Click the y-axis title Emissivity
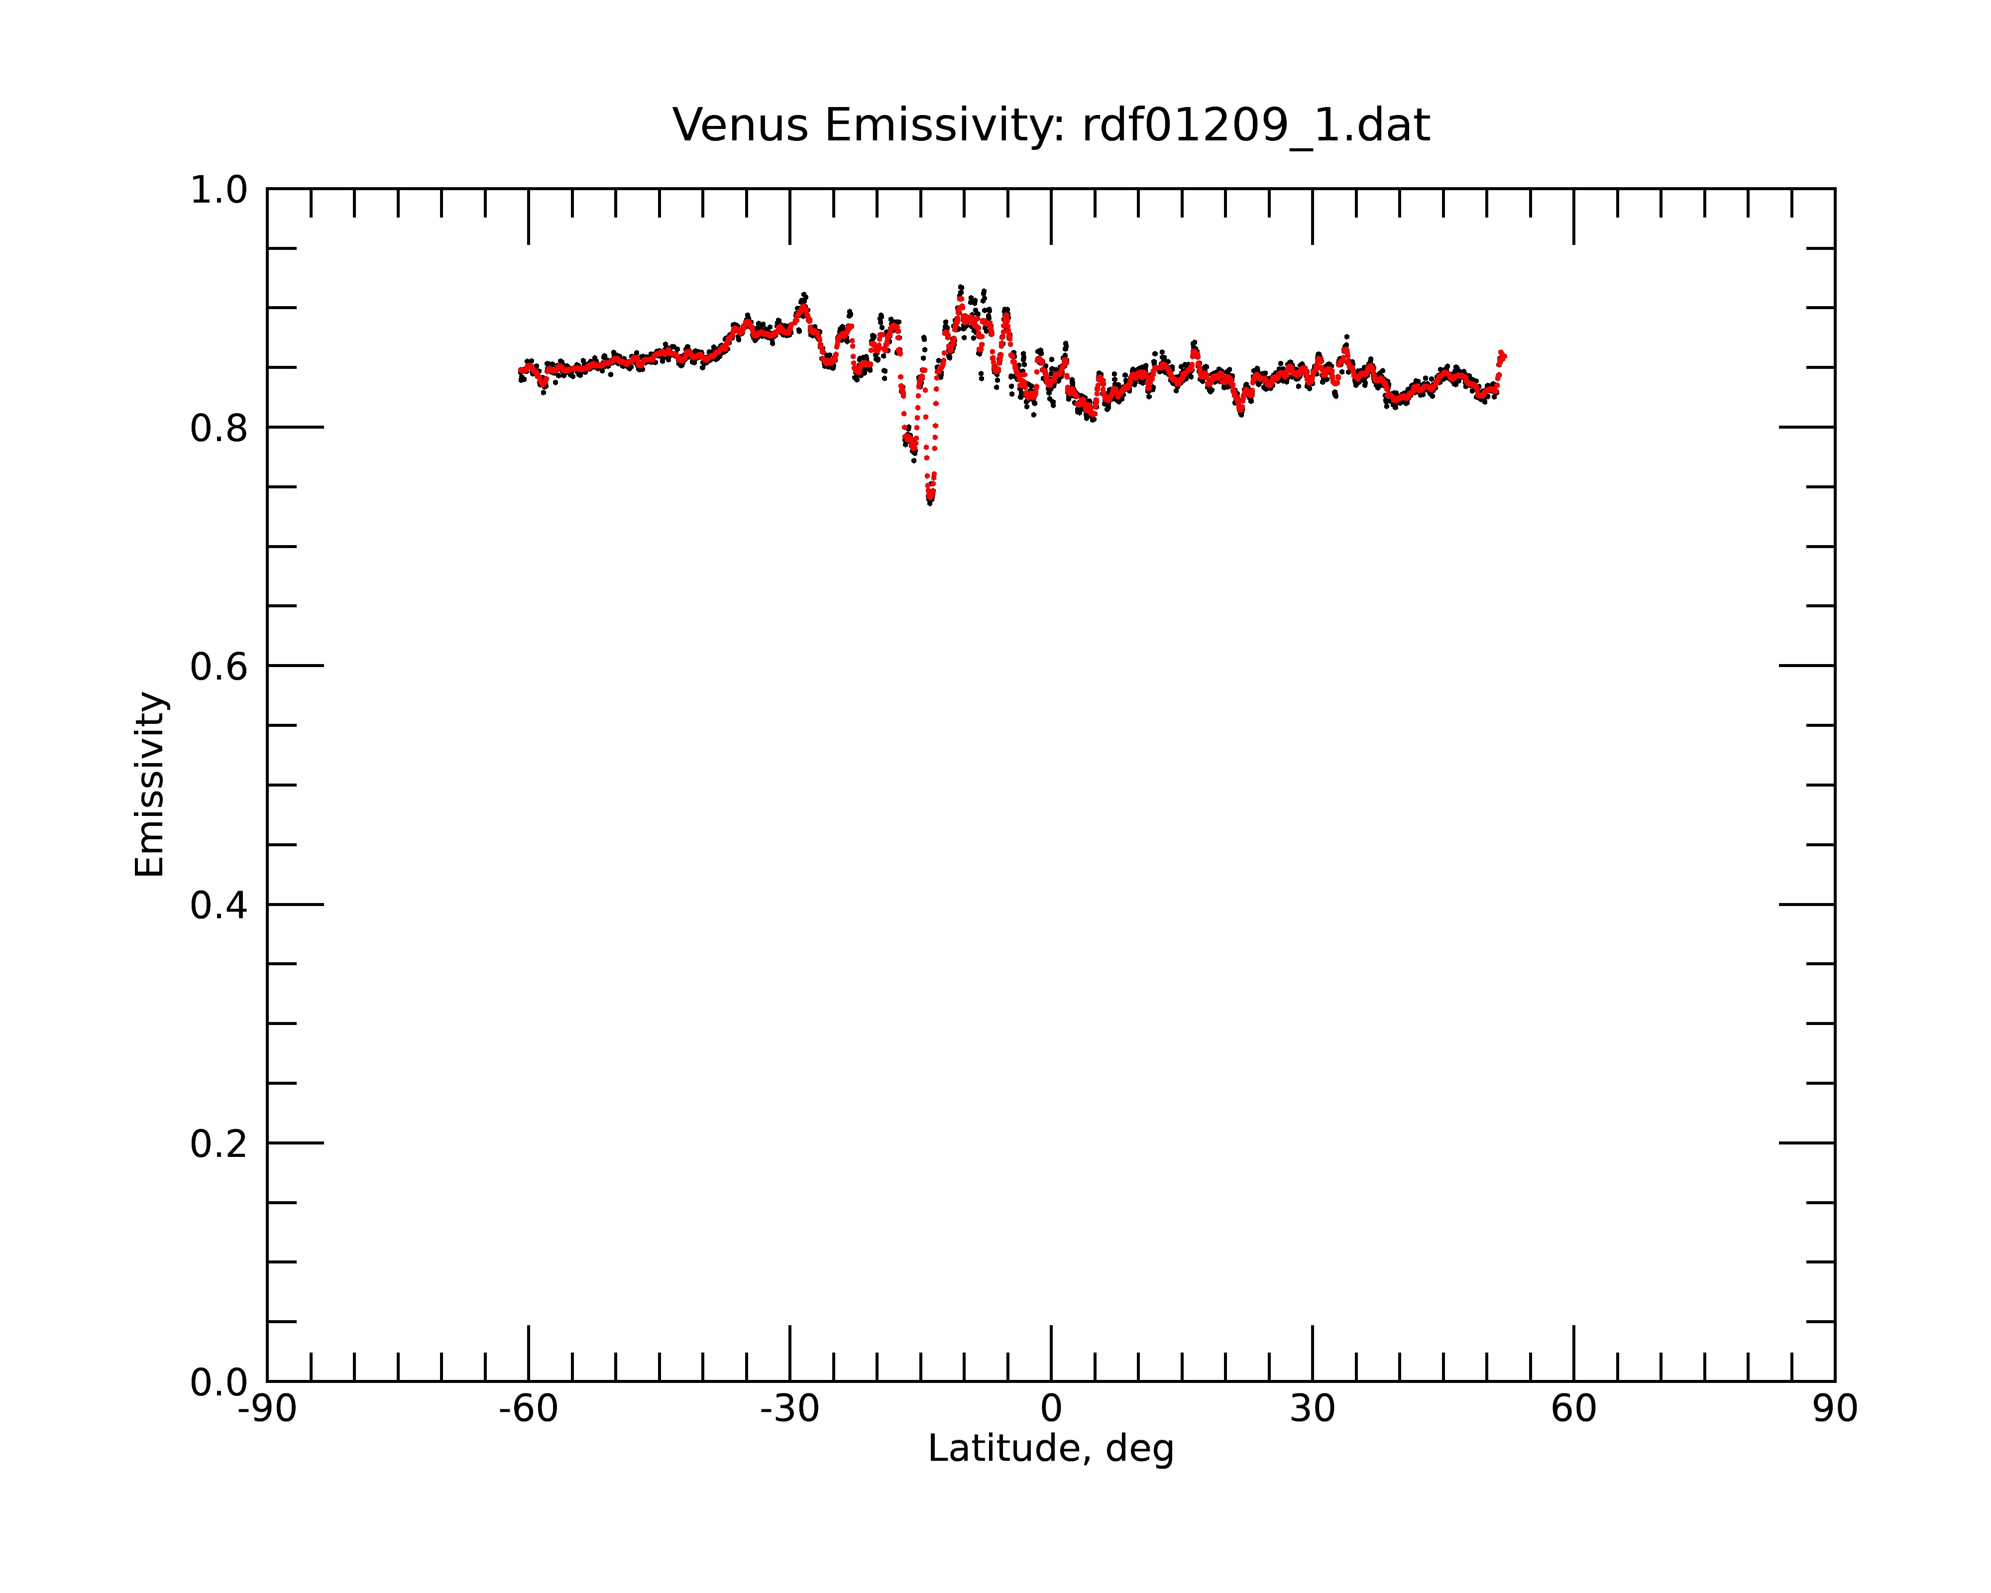150,784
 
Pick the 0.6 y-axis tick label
219,667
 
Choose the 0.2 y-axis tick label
219,1144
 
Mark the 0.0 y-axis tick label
219,1382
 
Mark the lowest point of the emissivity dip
930,501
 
